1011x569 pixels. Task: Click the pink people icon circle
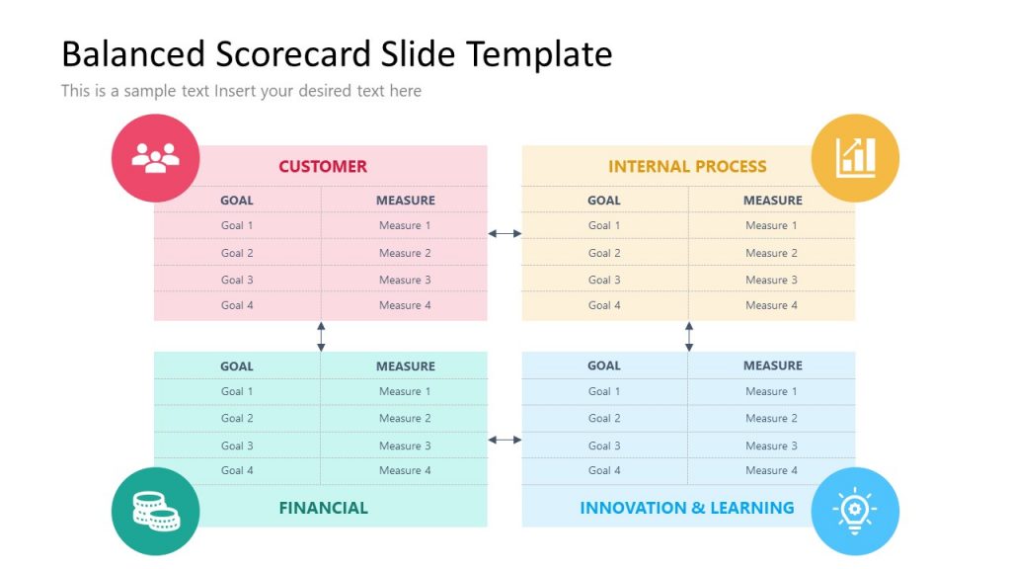click(x=155, y=158)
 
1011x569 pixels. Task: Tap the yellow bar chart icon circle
click(x=855, y=158)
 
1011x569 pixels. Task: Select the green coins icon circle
click(x=155, y=511)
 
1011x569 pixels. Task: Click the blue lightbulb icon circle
click(x=855, y=511)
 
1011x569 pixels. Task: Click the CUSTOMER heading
click(x=322, y=166)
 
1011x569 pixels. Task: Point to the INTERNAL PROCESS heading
click(x=687, y=166)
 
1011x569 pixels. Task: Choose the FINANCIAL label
click(x=323, y=508)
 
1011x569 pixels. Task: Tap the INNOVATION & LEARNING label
click(x=686, y=508)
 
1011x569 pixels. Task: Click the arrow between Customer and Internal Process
click(x=505, y=234)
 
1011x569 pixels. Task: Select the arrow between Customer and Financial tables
click(x=321, y=336)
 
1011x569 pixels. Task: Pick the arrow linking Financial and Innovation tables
click(x=505, y=440)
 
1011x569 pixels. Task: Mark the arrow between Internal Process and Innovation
click(x=689, y=336)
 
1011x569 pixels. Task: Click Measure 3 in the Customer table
click(x=405, y=280)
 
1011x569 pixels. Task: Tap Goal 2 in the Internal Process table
click(x=604, y=253)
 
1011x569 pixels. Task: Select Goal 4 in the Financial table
click(x=237, y=470)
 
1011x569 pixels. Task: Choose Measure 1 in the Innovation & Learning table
click(x=772, y=391)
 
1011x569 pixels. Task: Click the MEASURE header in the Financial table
click(x=405, y=366)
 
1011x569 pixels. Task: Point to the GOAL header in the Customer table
click(x=237, y=200)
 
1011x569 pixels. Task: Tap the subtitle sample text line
click(x=241, y=91)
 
